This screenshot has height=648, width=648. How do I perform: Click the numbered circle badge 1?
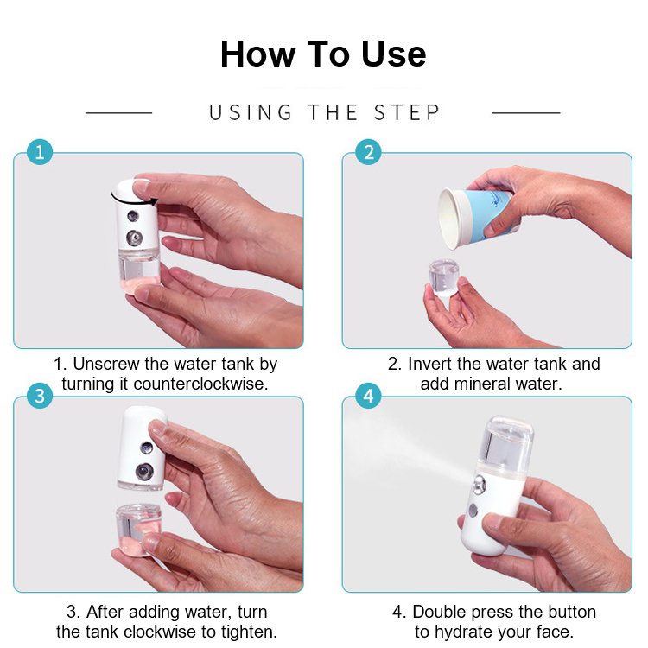[x=40, y=152]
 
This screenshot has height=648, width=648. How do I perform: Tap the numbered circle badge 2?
[x=369, y=152]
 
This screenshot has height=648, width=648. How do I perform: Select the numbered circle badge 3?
[x=40, y=396]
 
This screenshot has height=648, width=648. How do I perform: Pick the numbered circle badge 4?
[x=369, y=396]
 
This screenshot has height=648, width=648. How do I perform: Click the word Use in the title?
[x=393, y=54]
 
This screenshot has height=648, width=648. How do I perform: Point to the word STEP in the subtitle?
[x=407, y=113]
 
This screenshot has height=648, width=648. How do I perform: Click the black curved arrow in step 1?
[x=134, y=200]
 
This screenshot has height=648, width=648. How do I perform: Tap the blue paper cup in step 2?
[x=480, y=218]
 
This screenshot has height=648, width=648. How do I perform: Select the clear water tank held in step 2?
[x=444, y=276]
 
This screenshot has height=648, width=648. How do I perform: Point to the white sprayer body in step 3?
[x=142, y=448]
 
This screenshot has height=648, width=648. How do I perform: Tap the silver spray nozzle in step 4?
[x=479, y=484]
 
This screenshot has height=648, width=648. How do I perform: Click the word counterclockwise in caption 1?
[x=200, y=384]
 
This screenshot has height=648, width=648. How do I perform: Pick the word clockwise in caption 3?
[x=161, y=632]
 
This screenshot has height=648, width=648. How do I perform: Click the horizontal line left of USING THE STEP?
[x=118, y=112]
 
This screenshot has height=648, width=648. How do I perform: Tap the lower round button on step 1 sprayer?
[x=134, y=238]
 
